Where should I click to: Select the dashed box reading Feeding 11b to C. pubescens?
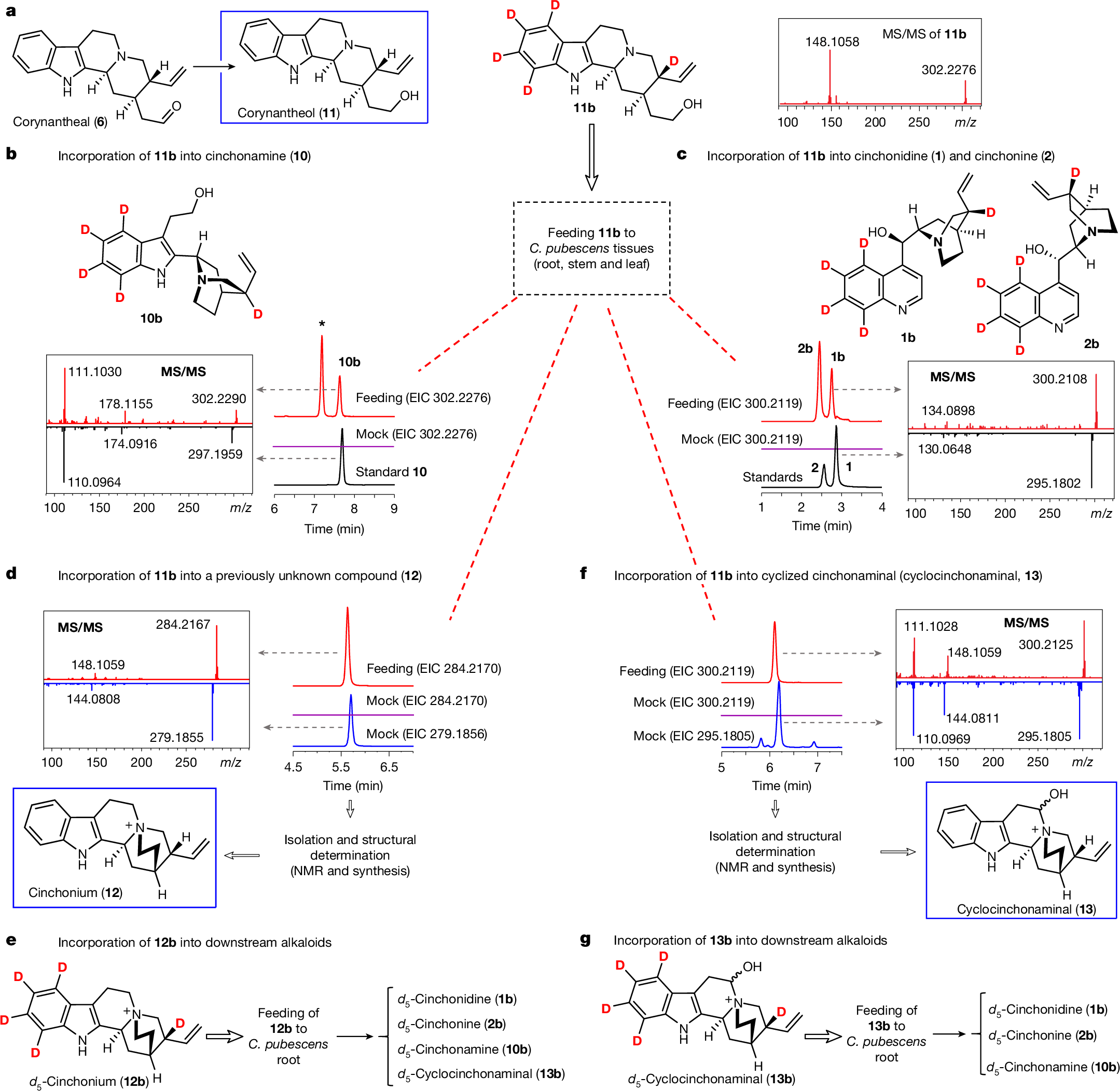[591, 248]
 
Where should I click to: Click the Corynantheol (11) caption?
[288, 113]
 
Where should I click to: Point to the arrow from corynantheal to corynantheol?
[213, 66]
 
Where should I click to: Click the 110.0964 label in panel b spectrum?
[94, 482]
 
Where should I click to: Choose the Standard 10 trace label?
[391, 472]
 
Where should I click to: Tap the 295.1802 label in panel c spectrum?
[1053, 483]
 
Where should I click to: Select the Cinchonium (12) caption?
[75, 892]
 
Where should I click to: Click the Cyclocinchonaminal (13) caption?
[1026, 909]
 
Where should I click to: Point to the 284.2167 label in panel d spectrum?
[183, 624]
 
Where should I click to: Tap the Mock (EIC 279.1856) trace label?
[426, 734]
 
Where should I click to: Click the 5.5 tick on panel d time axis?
[341, 767]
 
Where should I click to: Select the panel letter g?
[585, 940]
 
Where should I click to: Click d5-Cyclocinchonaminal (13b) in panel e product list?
[481, 1073]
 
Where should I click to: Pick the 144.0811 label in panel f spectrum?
[972, 718]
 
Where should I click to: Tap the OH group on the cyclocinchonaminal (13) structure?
[1058, 794]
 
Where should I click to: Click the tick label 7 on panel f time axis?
[817, 767]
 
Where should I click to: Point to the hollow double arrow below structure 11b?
[591, 157]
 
